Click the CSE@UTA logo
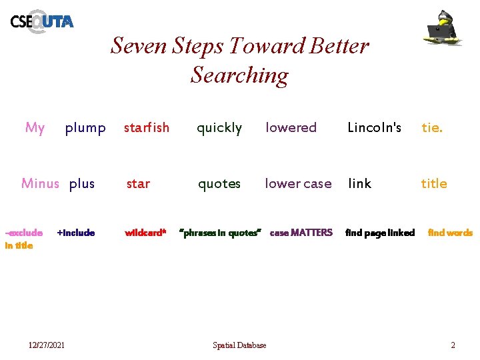pyautogui.click(x=41, y=21)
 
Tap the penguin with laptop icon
pyautogui.click(x=444, y=28)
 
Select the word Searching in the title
pyautogui.click(x=239, y=75)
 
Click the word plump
pyautogui.click(x=85, y=127)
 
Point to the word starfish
pyautogui.click(x=147, y=127)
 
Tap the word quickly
pyautogui.click(x=219, y=127)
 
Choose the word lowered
pyautogui.click(x=291, y=127)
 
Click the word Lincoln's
pyautogui.click(x=375, y=127)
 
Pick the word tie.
pyautogui.click(x=431, y=127)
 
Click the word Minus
pyautogui.click(x=40, y=183)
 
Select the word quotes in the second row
pyautogui.click(x=219, y=183)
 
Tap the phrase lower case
pyautogui.click(x=298, y=183)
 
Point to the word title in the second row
pyautogui.click(x=434, y=183)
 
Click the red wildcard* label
pyautogui.click(x=145, y=233)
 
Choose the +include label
pyautogui.click(x=76, y=233)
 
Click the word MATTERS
pyautogui.click(x=311, y=233)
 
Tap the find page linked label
pyautogui.click(x=380, y=233)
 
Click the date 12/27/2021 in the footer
pyautogui.click(x=47, y=345)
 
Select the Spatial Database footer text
pyautogui.click(x=239, y=345)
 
